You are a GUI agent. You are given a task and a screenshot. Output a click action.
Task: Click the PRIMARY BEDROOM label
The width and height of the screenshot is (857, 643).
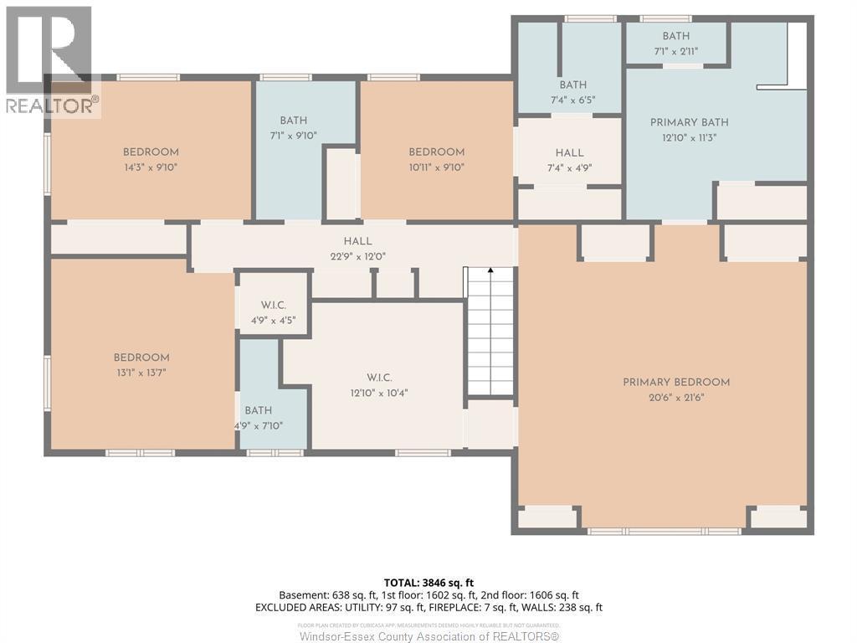click(x=676, y=383)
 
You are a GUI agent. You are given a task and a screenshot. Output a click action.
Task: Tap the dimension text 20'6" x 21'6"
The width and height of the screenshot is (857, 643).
click(x=676, y=398)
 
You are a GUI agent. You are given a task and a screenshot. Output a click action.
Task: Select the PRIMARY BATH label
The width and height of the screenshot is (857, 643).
click(x=684, y=123)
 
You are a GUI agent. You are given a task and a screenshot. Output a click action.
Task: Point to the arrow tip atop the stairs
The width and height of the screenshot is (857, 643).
click(x=490, y=270)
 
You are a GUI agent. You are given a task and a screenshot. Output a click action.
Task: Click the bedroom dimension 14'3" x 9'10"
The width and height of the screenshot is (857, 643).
click(x=151, y=167)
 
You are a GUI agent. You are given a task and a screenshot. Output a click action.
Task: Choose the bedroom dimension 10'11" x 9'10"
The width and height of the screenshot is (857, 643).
click(x=436, y=167)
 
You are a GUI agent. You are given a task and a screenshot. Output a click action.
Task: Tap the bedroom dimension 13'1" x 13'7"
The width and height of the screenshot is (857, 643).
click(x=141, y=373)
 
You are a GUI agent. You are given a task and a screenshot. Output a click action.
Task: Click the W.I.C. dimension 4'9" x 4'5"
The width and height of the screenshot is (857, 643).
click(x=274, y=320)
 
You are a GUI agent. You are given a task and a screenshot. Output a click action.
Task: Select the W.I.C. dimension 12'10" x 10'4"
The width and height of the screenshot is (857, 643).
click(x=379, y=393)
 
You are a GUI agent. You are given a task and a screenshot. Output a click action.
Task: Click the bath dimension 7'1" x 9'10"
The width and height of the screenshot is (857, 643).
click(x=294, y=136)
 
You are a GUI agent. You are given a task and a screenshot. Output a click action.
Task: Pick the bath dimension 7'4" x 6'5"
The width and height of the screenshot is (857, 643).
click(x=573, y=100)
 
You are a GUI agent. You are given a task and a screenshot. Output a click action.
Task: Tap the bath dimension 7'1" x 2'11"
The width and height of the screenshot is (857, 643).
click(x=676, y=50)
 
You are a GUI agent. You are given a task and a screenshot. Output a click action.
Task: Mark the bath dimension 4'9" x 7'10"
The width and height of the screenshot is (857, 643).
click(x=259, y=425)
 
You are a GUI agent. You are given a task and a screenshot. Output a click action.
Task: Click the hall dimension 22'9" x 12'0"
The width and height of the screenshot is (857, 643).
click(x=357, y=257)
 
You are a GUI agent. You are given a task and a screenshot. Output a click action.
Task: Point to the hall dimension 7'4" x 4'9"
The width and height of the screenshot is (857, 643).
click(x=570, y=167)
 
